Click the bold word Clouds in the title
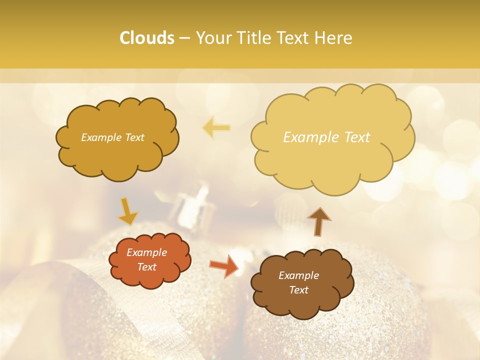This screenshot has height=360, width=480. [x=147, y=38]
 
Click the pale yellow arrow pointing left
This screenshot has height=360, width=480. [x=216, y=128]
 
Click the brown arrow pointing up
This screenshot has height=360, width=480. [x=318, y=220]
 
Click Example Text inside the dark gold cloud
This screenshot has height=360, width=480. [x=112, y=137]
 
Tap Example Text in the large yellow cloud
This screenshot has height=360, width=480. [x=326, y=137]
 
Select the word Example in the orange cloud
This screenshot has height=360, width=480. [x=146, y=252]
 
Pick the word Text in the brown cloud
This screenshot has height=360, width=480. [x=298, y=290]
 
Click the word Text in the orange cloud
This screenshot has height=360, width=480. [x=146, y=267]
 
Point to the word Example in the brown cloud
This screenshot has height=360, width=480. [x=298, y=275]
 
